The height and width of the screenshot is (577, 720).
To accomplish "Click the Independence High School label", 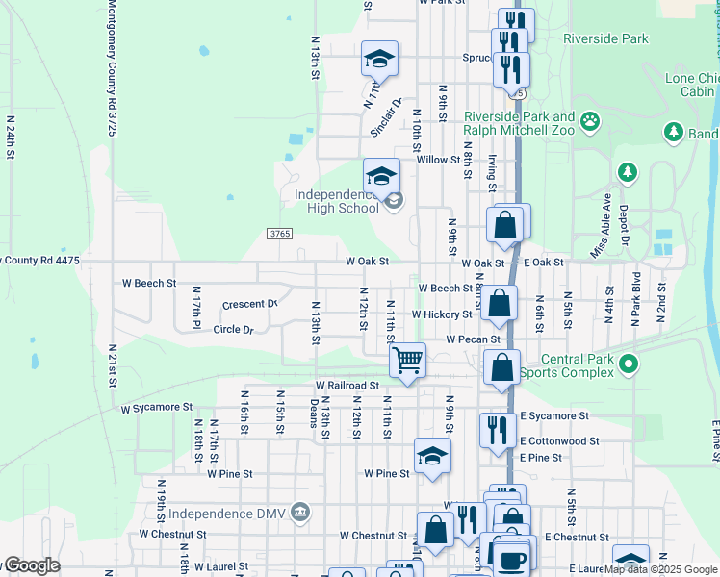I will coord(336,200).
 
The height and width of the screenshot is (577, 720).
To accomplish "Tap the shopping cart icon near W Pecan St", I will coord(408,360).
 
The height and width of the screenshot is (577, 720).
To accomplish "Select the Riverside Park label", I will coord(605,39).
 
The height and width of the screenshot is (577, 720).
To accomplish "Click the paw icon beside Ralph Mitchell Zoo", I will coord(589,122).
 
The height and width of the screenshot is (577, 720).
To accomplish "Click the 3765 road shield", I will coord(279,234).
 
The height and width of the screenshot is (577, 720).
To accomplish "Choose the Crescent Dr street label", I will coord(249,304).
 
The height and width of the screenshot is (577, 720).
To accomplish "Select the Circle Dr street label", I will coord(233,329).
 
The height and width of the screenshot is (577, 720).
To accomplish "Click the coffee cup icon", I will coord(513,557).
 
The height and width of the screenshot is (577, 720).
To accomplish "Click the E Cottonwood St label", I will coord(559,441).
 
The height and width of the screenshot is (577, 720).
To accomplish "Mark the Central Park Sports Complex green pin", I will coord(629,364).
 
